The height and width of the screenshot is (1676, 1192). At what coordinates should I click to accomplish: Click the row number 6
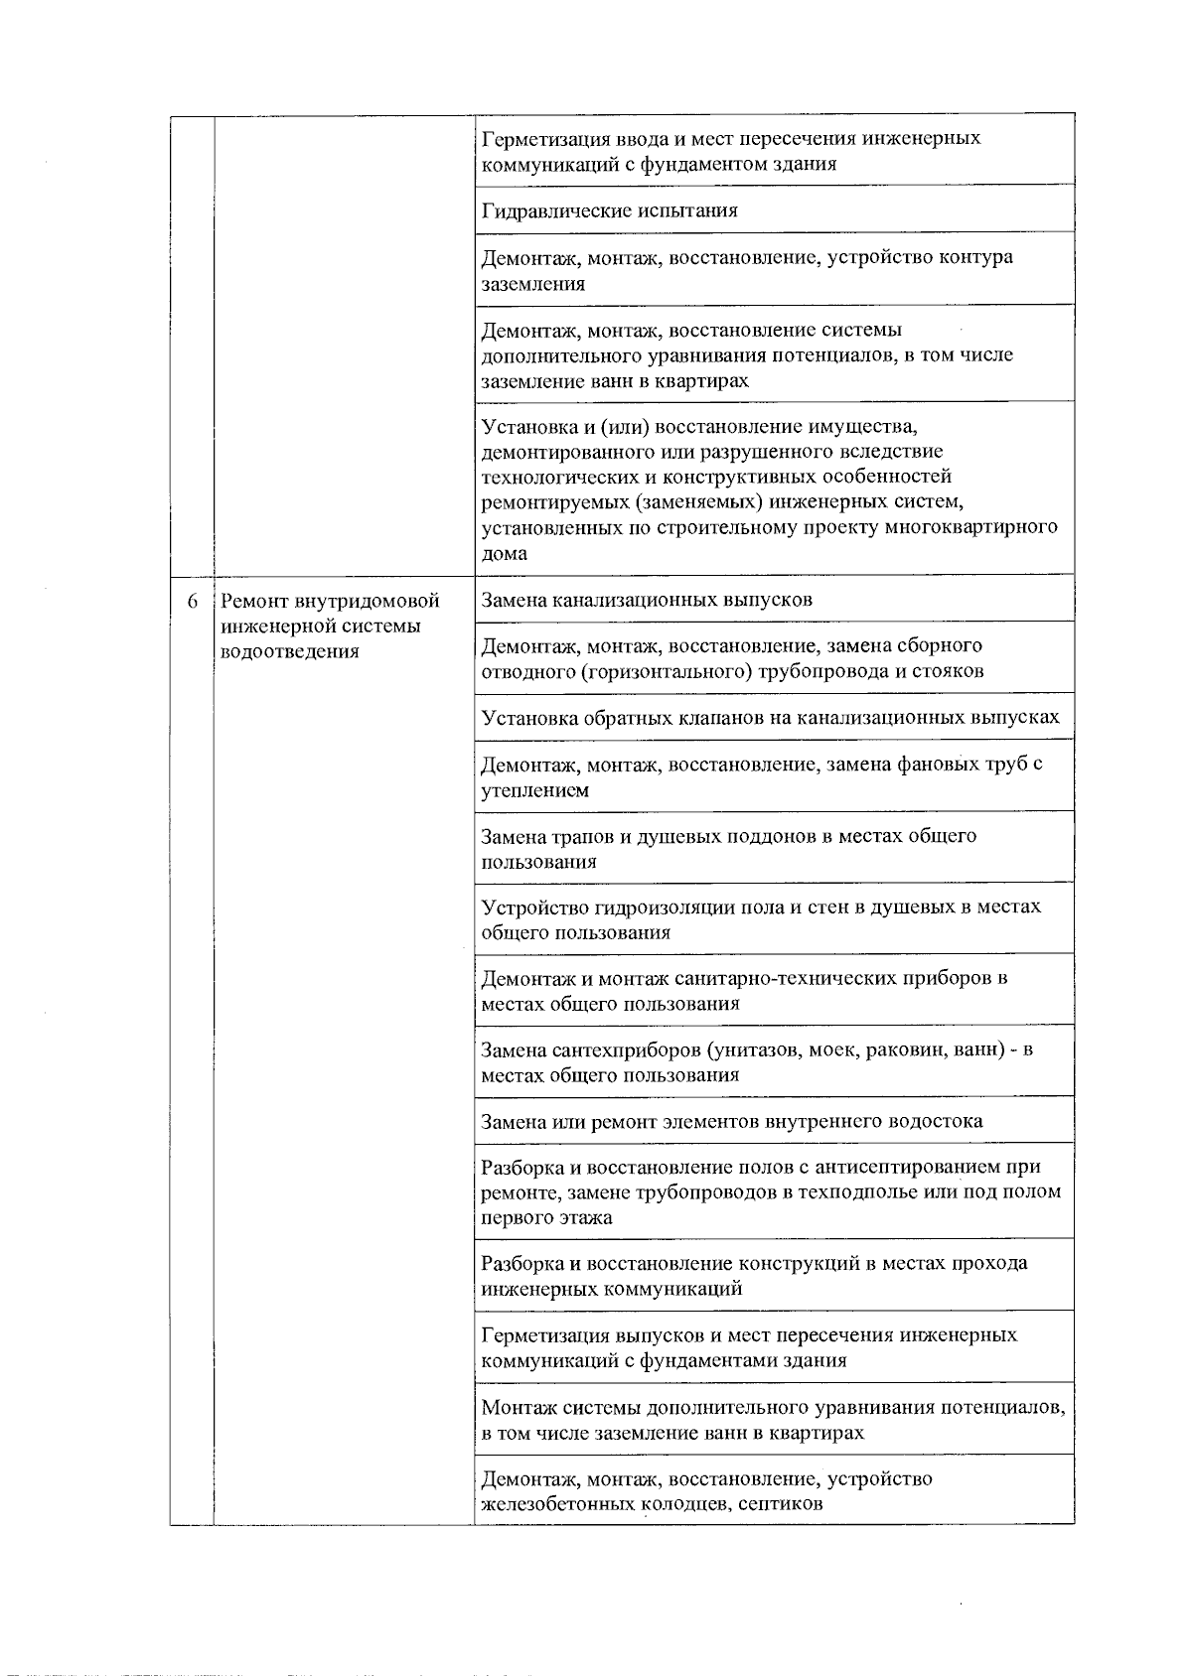[x=193, y=602]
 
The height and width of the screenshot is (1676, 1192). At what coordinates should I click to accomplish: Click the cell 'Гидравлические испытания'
[x=609, y=210]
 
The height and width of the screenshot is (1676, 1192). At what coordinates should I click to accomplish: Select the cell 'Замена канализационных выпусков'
[x=647, y=600]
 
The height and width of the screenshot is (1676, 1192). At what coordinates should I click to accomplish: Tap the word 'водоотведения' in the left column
[x=289, y=652]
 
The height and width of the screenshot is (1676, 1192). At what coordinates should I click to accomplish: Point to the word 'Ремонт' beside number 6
[x=255, y=602]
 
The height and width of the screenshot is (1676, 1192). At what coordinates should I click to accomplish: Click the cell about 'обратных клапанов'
[x=770, y=717]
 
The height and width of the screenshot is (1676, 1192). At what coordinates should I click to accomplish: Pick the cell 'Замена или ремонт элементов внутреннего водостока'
[x=732, y=1121]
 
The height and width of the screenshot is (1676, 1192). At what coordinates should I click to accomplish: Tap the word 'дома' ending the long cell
[x=505, y=553]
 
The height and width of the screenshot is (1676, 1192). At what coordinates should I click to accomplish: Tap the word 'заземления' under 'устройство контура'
[x=533, y=284]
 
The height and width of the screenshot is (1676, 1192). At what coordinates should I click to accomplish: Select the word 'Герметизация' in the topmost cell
[x=542, y=138]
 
